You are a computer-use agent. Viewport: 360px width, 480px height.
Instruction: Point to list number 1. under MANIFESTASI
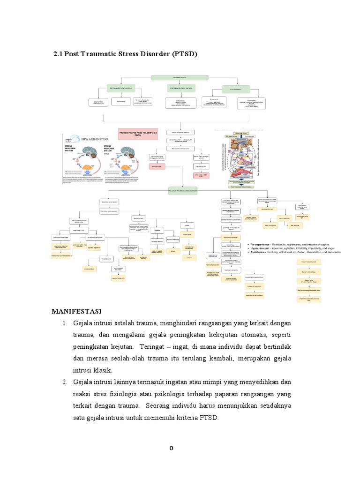pyautogui.click(x=65, y=323)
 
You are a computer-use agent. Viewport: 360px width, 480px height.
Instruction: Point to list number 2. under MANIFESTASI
pyautogui.click(x=65, y=382)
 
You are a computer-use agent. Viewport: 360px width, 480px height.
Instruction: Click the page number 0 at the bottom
pyautogui.click(x=172, y=448)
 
